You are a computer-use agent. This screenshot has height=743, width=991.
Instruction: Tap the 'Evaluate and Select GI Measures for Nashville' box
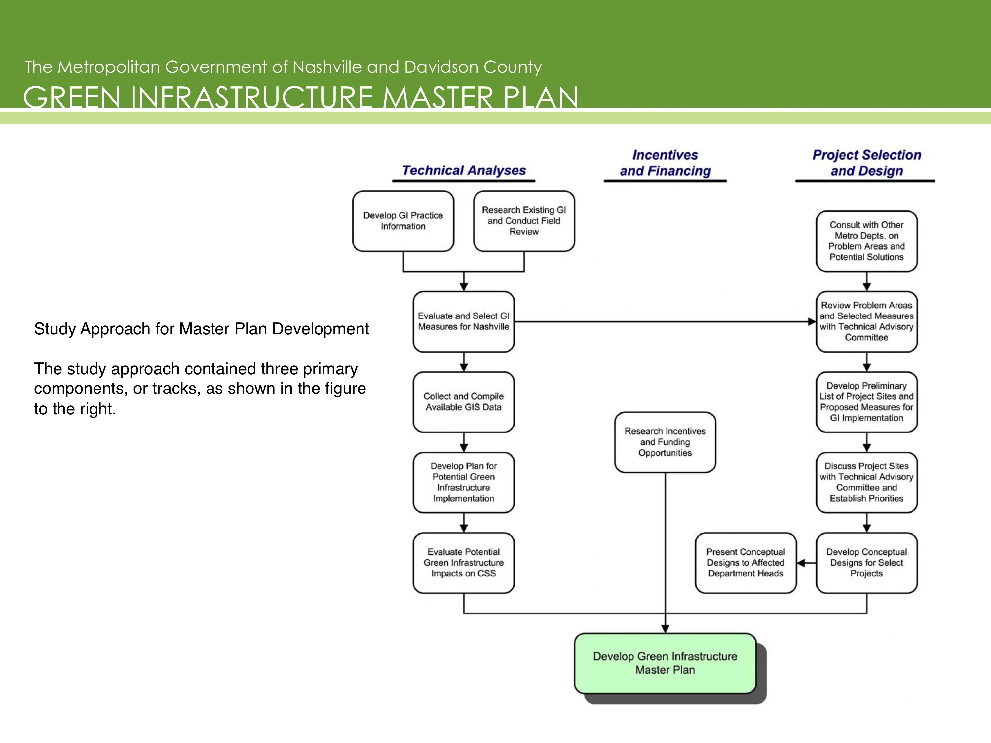coord(464,321)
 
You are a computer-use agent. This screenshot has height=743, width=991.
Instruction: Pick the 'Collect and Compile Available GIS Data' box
coord(464,402)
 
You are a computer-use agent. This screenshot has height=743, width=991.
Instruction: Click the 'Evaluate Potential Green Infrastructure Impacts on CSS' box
coord(464,563)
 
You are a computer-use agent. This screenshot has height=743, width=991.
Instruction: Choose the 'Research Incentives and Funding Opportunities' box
coord(665,442)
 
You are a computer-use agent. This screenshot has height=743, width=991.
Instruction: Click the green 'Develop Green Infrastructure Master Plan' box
coord(665,663)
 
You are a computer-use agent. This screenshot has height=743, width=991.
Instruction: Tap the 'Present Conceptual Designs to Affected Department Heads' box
coord(746,563)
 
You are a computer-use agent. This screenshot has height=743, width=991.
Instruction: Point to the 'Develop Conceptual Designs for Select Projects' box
coord(867,563)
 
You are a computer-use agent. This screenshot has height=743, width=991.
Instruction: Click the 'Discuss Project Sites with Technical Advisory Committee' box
coord(867,482)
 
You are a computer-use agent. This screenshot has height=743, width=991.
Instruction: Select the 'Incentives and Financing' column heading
coord(665,163)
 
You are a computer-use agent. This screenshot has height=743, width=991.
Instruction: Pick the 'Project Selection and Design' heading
coord(867,163)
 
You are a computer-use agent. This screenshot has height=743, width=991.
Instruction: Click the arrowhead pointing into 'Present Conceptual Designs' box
coord(801,563)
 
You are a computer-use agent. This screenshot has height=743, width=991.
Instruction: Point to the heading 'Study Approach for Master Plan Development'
coord(202,329)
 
